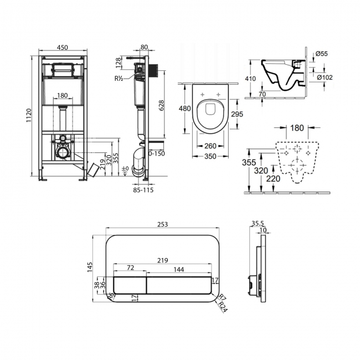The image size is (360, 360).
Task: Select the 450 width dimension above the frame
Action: pos(63,47)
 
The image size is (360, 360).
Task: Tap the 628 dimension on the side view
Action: pos(161,105)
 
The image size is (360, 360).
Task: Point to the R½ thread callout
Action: pos(119,78)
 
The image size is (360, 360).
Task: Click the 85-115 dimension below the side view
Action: pos(144,190)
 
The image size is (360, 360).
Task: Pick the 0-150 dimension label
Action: pos(157,153)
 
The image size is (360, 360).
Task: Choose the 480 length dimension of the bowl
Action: pos(185,108)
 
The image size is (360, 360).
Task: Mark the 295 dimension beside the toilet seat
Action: pos(237,114)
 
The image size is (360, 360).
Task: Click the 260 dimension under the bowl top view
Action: pos(210,146)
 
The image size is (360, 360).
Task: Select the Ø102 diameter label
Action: pos(325,78)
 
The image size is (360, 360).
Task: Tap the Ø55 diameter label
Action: pos(322,54)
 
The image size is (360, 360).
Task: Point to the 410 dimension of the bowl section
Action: pos(250,79)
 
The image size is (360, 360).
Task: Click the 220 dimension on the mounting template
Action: pos(273,178)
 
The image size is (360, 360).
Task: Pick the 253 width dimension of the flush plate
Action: pos(162,224)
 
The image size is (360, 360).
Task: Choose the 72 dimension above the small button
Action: pos(130,268)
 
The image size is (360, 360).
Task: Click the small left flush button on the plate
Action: pos(130,285)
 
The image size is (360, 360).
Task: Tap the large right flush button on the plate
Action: pos(179,285)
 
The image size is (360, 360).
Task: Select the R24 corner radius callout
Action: pos(223,307)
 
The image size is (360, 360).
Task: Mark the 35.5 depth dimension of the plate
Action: pos(258,223)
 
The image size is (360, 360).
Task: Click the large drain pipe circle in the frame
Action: pos(62,152)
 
